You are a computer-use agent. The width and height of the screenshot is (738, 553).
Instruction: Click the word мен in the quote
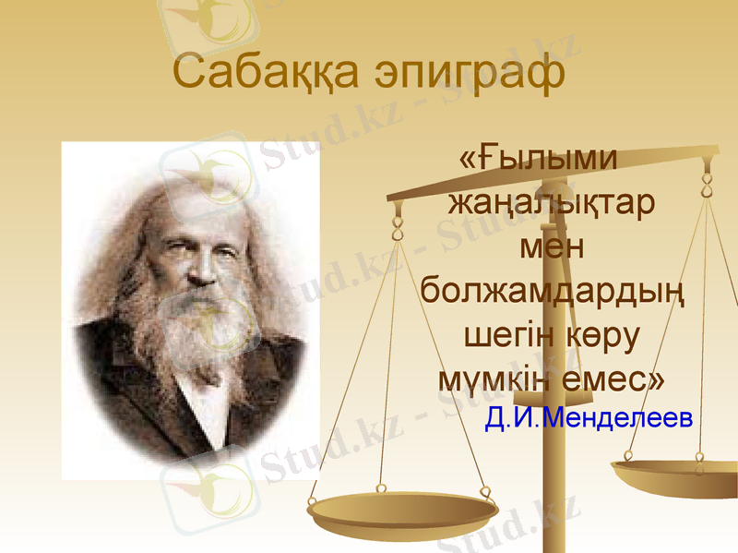pos(553,246)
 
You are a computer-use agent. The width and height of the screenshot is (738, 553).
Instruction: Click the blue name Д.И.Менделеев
pos(588,419)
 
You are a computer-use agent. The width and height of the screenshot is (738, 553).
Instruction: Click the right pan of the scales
pos(678,475)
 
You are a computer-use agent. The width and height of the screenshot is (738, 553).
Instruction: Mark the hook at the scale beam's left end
pos(398,221)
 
